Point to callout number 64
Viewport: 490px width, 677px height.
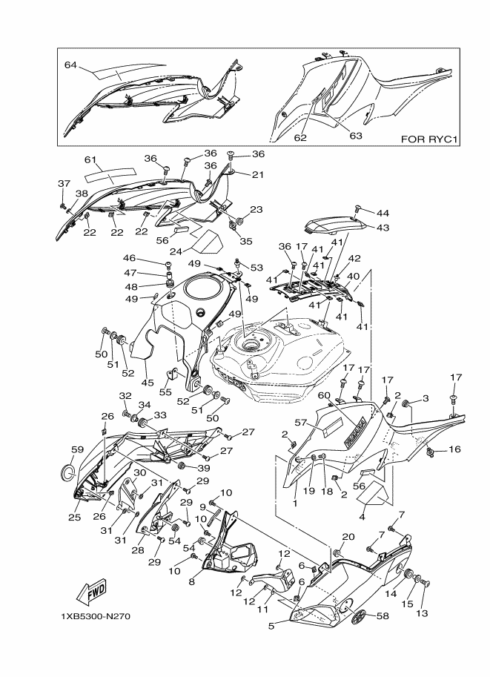71,66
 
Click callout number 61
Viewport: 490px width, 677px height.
90,160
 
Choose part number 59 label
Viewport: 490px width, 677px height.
76,449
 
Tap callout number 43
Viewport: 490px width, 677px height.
383,228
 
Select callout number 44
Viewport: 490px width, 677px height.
383,212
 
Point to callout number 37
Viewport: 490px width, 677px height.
63,183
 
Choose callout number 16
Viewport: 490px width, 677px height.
454,449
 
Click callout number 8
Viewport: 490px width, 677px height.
191,582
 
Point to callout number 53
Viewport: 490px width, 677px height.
256,268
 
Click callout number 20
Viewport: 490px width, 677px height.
348,537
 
